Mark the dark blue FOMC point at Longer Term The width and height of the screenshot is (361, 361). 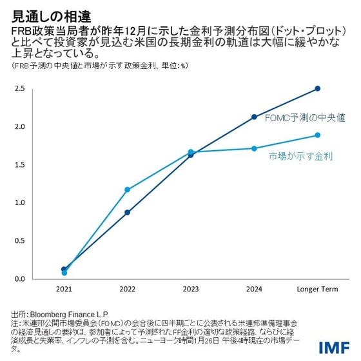[317, 88]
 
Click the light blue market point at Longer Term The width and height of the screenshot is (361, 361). [317, 135]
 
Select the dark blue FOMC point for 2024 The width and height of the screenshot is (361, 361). [254, 117]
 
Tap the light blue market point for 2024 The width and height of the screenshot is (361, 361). [254, 148]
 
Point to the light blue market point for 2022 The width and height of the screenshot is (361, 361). [128, 190]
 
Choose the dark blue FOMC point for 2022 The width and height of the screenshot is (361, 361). [128, 212]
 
